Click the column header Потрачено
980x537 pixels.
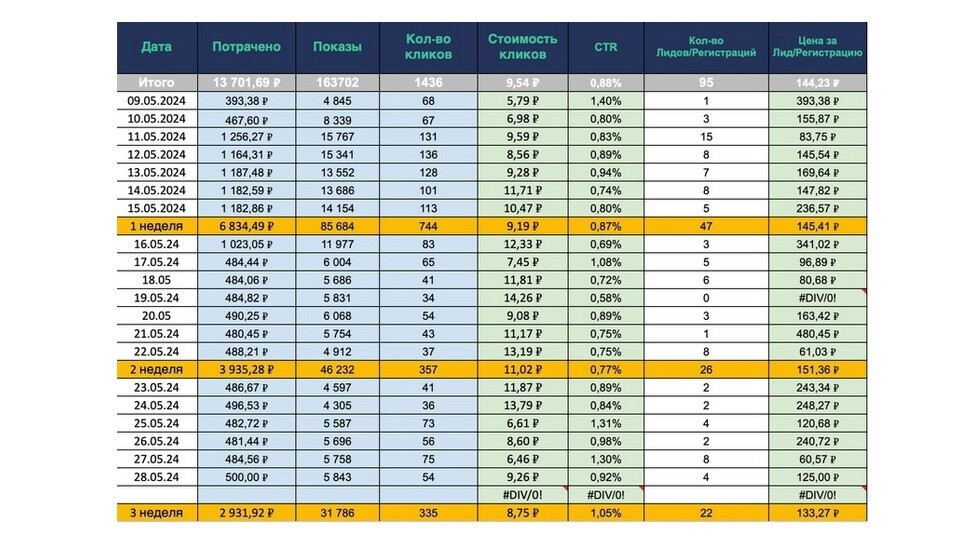click(246, 47)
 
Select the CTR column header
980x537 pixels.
click(606, 47)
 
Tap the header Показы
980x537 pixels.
click(338, 47)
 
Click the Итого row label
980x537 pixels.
click(156, 83)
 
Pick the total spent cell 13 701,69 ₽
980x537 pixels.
click(246, 83)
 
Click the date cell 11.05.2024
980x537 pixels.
click(156, 137)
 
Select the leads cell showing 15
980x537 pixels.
click(706, 137)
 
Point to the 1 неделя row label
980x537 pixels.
click(156, 226)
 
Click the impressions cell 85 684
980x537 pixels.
click(338, 226)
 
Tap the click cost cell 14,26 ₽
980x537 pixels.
click(522, 298)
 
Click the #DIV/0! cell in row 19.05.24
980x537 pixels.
click(818, 298)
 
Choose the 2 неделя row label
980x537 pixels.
click(156, 369)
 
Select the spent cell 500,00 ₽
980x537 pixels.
click(246, 477)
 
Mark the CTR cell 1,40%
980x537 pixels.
click(606, 101)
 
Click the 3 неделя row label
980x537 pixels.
click(156, 513)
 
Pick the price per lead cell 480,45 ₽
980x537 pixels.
click(818, 334)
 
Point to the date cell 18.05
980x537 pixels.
click(156, 280)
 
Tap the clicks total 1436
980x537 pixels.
click(428, 83)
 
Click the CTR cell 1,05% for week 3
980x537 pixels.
click(606, 513)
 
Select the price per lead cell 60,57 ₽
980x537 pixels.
click(818, 459)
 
